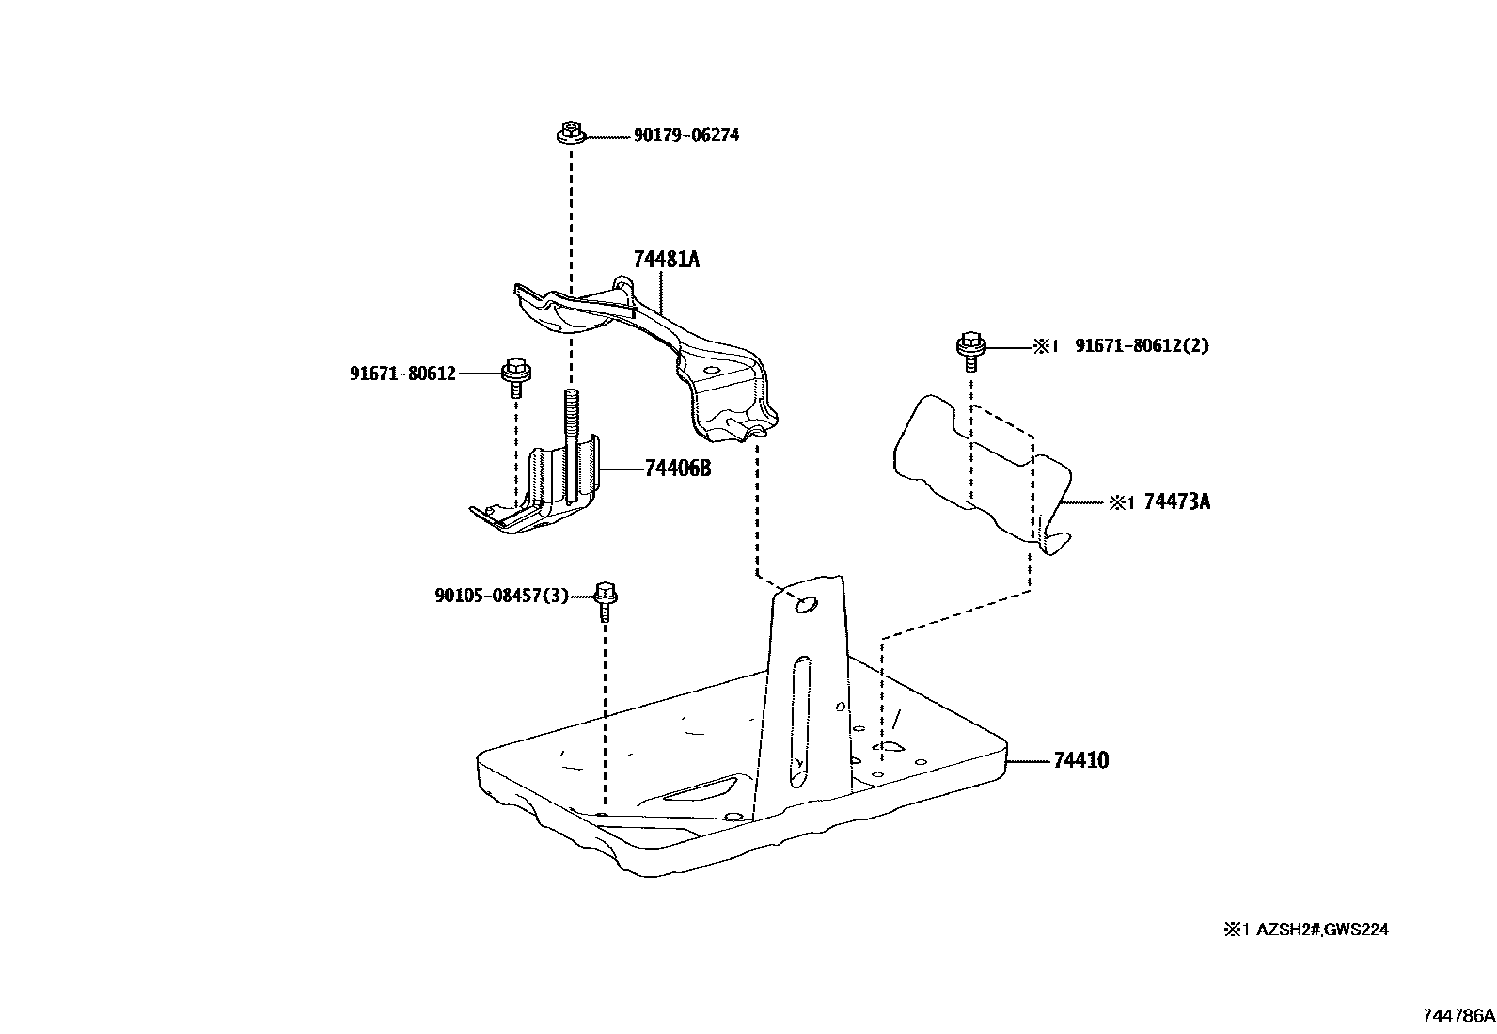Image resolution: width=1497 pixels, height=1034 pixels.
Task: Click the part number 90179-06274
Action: click(685, 135)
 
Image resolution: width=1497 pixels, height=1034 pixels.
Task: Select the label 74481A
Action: click(666, 260)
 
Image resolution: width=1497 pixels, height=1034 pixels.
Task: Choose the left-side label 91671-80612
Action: click(402, 374)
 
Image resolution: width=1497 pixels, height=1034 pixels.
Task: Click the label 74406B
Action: click(677, 468)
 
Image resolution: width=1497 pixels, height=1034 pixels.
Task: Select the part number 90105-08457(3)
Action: click(501, 596)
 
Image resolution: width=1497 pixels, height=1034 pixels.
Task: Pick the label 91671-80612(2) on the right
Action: click(1142, 345)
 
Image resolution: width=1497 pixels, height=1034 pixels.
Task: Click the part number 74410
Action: click(1080, 760)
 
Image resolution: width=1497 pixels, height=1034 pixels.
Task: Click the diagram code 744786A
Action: click(1458, 1016)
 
